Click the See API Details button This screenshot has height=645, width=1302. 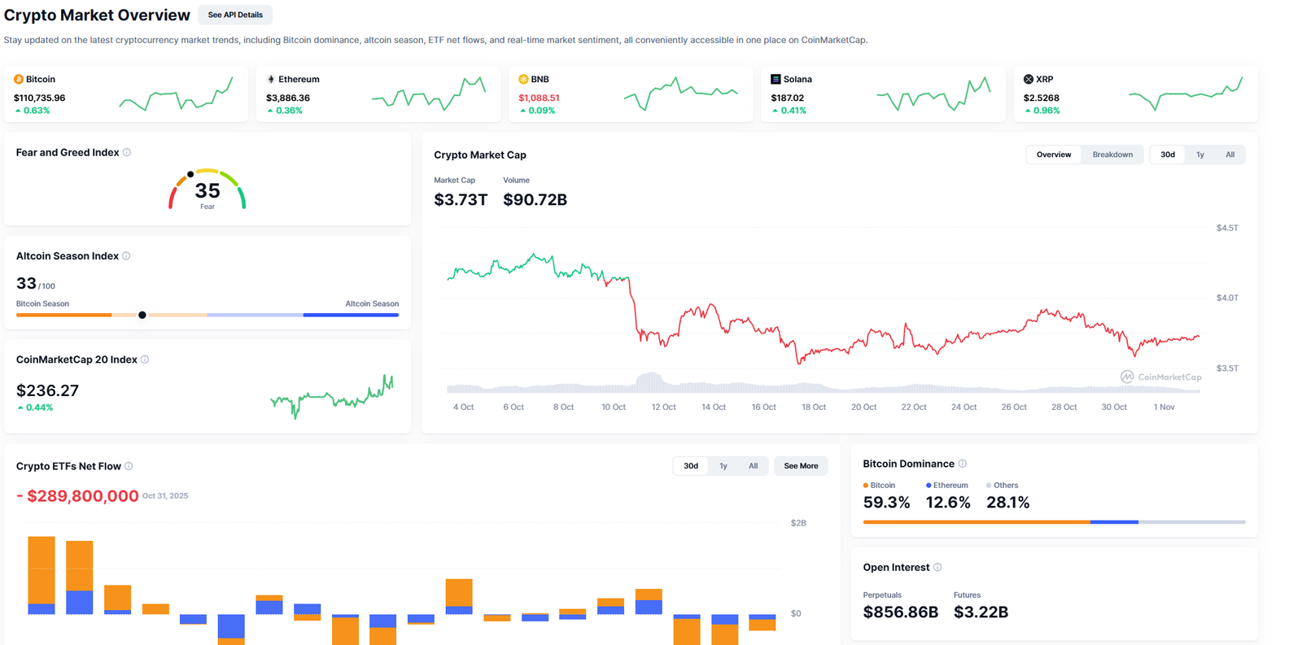235,15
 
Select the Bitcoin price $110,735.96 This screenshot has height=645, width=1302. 39,98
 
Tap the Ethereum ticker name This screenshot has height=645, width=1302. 299,79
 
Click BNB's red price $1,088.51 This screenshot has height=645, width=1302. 539,98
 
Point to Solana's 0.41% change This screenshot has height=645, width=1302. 793,111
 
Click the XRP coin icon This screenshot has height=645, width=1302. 1028,79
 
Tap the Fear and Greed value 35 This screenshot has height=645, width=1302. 208,190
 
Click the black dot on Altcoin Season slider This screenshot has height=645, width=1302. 142,315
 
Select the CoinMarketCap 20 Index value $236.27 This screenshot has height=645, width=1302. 47,390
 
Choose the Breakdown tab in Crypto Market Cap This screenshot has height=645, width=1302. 1112,155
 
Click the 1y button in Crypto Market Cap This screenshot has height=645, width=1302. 1199,155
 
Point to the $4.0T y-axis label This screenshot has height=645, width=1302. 1226,298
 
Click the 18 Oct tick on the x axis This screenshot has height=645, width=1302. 813,407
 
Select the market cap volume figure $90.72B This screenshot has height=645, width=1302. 535,199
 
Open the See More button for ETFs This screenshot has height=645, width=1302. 801,466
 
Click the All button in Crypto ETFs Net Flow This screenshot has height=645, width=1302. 753,466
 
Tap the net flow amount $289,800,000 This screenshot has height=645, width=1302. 82,496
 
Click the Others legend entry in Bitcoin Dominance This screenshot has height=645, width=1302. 1005,485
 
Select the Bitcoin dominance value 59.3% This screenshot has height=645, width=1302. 886,503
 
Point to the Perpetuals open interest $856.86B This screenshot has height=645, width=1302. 900,612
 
